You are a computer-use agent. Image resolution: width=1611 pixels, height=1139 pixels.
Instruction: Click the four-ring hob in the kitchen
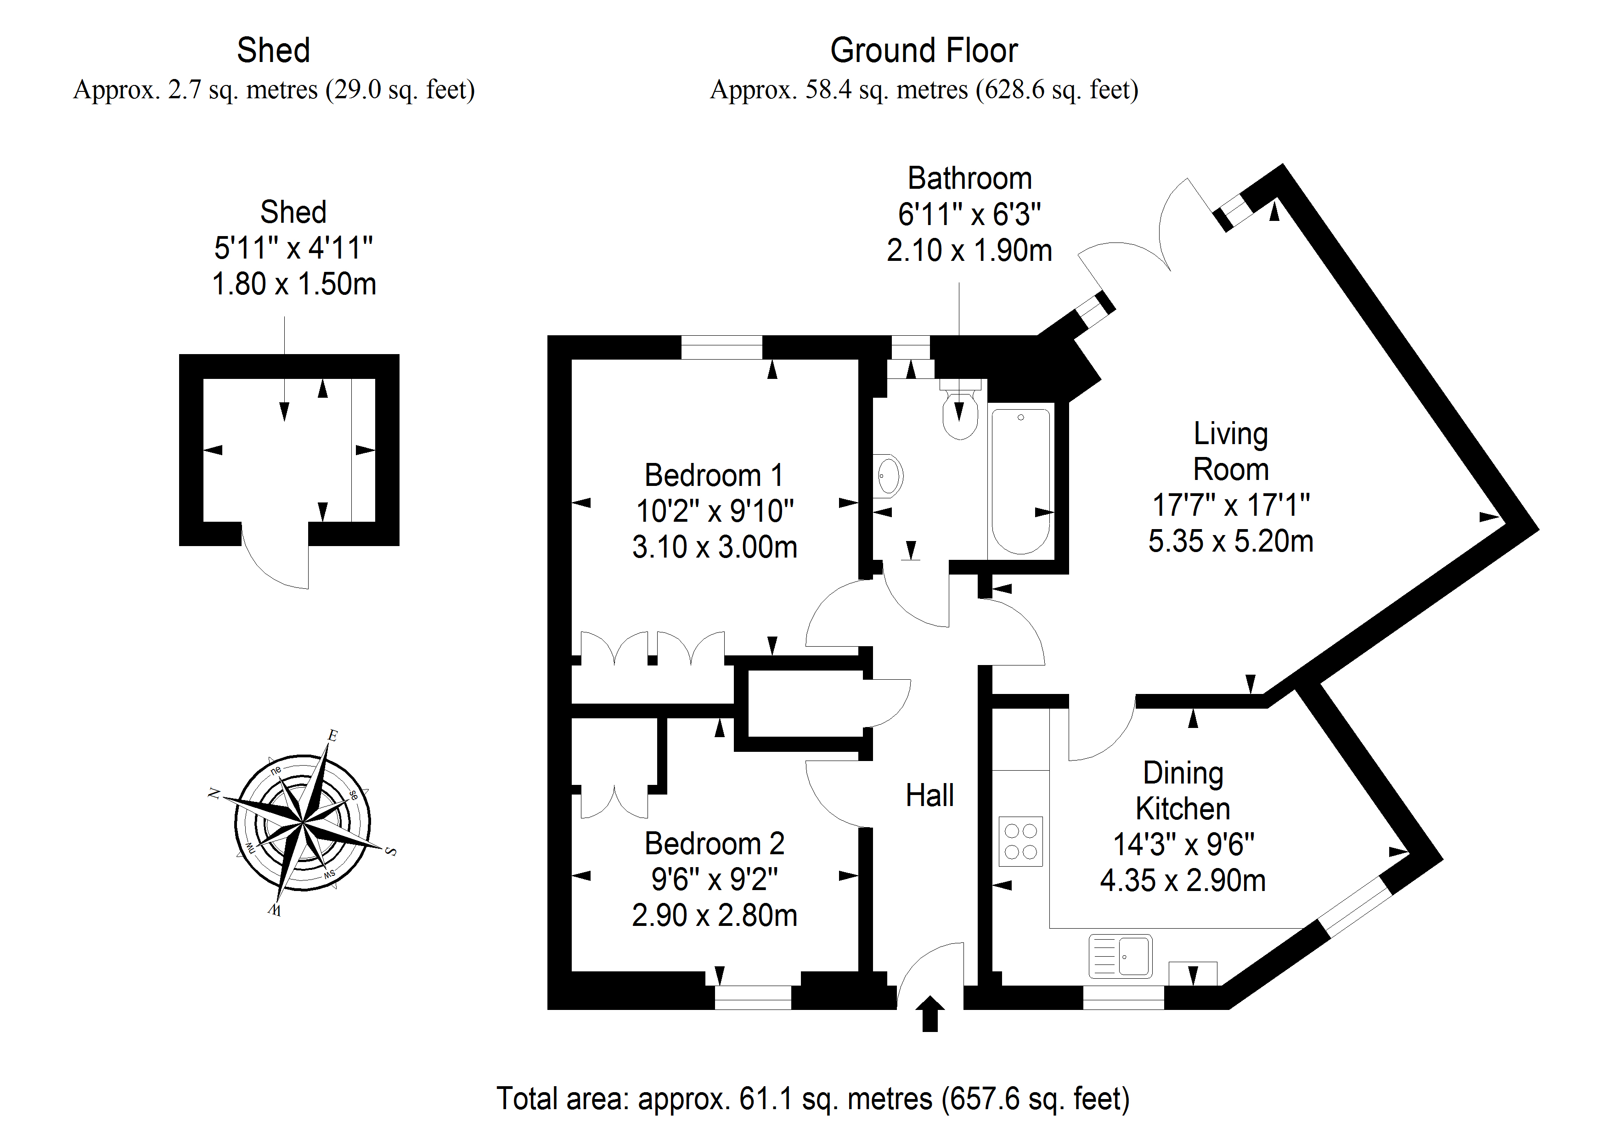[1020, 841]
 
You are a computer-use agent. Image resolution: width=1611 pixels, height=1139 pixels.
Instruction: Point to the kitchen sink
[1121, 956]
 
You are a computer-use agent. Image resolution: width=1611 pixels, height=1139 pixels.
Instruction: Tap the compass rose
[303, 823]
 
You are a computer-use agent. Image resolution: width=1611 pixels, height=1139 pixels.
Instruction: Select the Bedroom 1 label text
[714, 475]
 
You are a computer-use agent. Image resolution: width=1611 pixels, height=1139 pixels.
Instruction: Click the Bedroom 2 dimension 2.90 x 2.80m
[714, 915]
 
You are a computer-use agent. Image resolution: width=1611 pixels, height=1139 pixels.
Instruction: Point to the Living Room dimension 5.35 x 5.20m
[1231, 541]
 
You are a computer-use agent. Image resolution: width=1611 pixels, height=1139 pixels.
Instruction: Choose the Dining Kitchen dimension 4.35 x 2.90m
[1183, 880]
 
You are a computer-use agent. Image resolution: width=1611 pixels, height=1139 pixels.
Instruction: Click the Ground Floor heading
[924, 51]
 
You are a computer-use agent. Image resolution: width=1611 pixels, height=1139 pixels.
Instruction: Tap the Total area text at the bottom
[812, 1099]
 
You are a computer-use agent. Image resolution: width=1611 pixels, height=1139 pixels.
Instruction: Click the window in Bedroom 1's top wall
[721, 347]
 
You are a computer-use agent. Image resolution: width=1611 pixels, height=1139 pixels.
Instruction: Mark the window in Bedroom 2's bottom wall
[753, 997]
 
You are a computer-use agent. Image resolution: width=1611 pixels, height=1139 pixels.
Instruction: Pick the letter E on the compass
[332, 735]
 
